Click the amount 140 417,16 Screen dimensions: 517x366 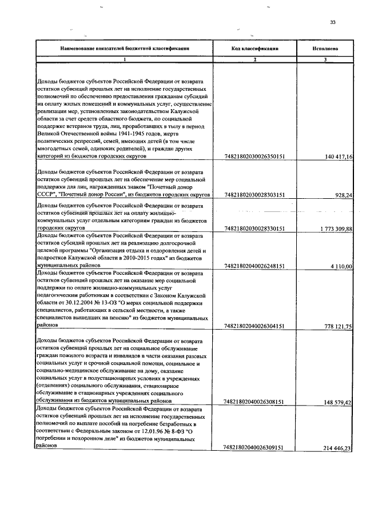(338, 156)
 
